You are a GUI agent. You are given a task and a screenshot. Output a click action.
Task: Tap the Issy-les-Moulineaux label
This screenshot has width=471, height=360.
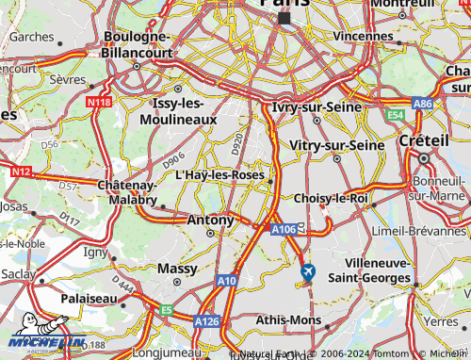pos(185,112)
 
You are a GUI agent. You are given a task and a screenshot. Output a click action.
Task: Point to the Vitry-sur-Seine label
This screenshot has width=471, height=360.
pos(337,145)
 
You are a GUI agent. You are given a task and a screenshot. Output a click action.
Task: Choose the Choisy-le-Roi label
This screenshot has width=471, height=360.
pos(331,199)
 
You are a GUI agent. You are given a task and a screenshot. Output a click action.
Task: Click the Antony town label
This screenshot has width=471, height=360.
pos(211,220)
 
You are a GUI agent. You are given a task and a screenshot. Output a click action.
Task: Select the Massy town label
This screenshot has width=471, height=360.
pos(177,269)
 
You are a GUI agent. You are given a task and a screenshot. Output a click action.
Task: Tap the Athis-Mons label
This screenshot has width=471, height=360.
pos(288,320)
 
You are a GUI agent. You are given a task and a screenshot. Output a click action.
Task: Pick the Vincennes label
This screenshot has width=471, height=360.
pos(362,36)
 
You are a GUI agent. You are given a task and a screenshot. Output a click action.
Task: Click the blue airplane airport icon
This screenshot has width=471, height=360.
pos(307,272)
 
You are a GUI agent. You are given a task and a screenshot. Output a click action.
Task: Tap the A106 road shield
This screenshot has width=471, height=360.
pos(284,229)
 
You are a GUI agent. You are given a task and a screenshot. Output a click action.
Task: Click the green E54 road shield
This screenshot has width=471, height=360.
pos(395,114)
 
